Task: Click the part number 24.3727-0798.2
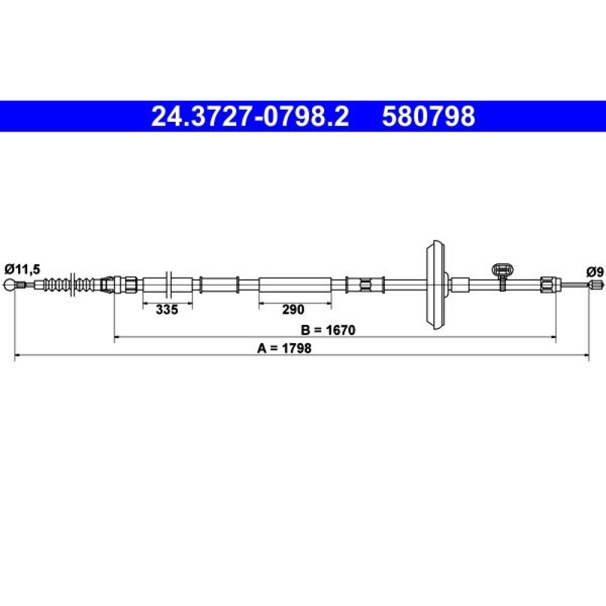click(250, 116)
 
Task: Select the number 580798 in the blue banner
click(428, 116)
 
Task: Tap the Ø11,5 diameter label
click(22, 269)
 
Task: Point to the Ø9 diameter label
click(594, 272)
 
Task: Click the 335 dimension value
click(167, 309)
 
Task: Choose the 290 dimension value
click(293, 309)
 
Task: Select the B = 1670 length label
click(328, 330)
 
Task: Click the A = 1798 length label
click(284, 348)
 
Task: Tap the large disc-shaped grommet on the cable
click(437, 285)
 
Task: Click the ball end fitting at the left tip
click(10, 285)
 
